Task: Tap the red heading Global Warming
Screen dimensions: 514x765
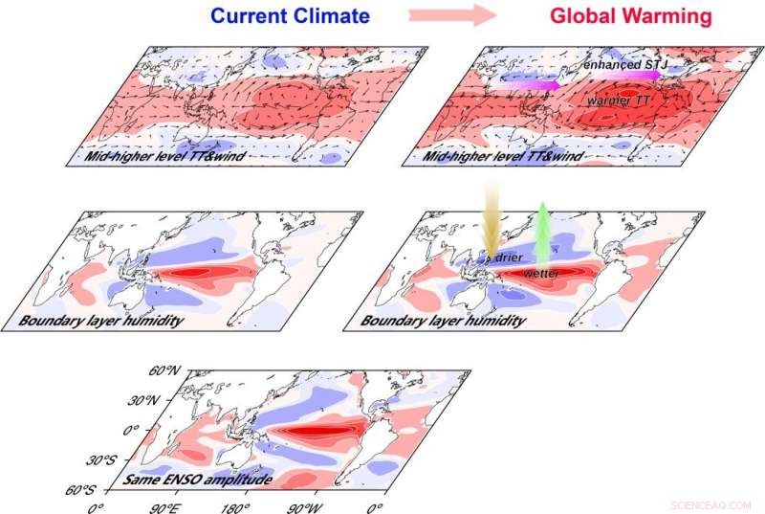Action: [629, 15]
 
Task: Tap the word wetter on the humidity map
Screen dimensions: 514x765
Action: [540, 274]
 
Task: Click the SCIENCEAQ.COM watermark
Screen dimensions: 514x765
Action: [710, 503]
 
